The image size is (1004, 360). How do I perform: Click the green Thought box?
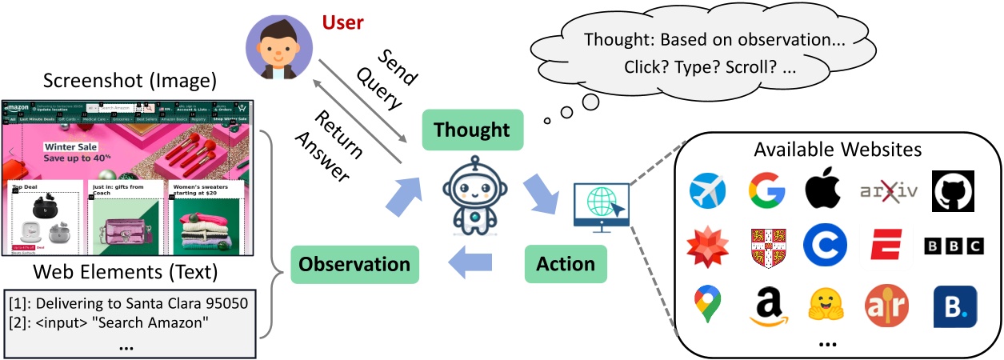(473, 130)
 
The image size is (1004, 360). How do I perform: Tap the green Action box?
(566, 264)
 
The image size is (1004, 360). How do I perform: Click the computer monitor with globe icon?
(602, 206)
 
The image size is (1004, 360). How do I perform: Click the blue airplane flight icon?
(707, 190)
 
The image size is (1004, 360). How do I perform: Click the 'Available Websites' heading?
(838, 150)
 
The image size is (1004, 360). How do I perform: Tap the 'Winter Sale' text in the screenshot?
(71, 147)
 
